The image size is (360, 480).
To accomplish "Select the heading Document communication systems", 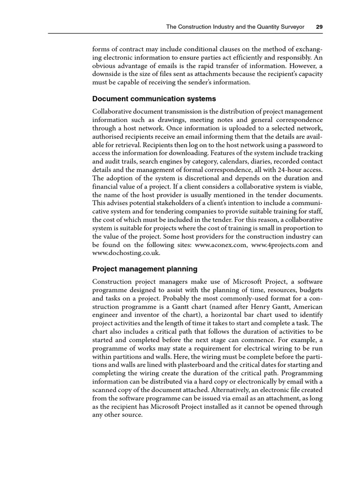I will point(154,99).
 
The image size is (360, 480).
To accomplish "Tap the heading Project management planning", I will point(145,269).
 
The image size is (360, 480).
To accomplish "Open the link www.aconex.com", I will point(222,245).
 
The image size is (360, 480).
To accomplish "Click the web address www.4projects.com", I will point(276,245).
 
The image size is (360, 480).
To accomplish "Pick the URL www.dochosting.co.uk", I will point(126,253).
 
